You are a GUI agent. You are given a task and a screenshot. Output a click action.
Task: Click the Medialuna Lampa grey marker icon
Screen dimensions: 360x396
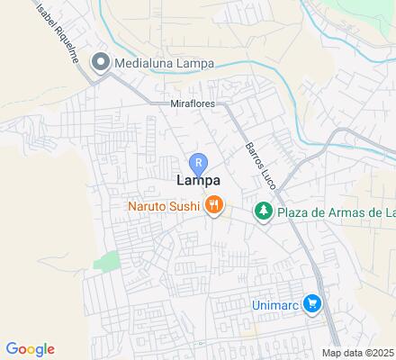point(102,62)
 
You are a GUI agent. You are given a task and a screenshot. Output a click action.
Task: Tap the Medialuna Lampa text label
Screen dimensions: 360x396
point(160,62)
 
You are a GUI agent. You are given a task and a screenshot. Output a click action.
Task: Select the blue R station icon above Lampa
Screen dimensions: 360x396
point(198,162)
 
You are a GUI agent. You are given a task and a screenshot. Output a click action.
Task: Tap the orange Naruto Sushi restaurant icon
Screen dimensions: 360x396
point(213,207)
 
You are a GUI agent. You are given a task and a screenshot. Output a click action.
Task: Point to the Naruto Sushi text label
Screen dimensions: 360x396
point(163,207)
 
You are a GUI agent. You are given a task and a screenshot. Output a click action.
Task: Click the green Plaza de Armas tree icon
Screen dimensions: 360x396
point(263,212)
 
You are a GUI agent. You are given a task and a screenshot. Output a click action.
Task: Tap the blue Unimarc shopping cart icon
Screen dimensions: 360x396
point(311,304)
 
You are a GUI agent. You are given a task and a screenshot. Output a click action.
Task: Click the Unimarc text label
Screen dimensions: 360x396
point(274,304)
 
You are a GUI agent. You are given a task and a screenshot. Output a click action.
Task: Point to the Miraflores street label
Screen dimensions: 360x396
point(193,103)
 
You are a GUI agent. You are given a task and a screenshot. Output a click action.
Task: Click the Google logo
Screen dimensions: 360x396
point(30,349)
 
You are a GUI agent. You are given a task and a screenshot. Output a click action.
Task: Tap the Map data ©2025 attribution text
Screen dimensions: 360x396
point(358,352)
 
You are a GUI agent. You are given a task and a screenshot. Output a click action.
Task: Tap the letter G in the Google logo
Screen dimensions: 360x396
point(11,349)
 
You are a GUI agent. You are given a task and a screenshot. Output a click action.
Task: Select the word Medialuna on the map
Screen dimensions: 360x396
point(141,62)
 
